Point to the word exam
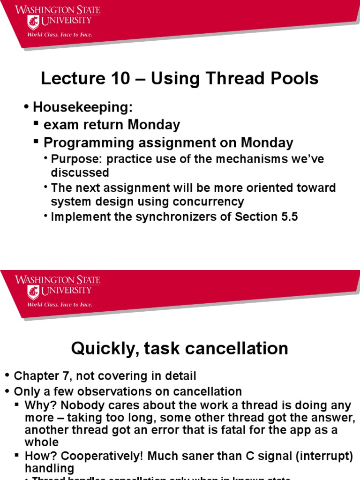[60, 125]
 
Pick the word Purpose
[72, 159]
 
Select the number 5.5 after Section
[289, 217]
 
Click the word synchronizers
[165, 217]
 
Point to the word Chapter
[35, 376]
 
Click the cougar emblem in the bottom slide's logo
[33, 292]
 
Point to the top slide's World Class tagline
[60, 34]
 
